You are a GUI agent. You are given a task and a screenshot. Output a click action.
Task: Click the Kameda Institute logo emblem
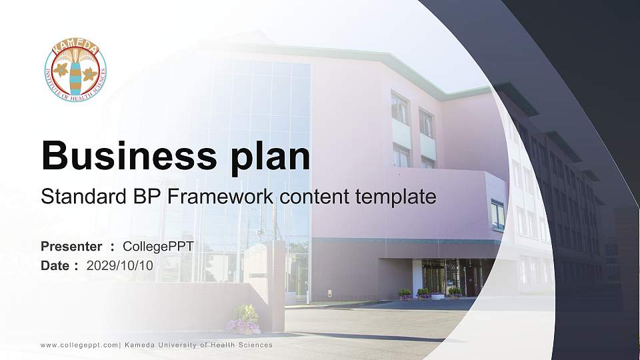[75, 71]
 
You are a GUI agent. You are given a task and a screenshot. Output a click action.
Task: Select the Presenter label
[71, 247]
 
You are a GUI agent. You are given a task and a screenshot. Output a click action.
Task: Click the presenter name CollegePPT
[158, 247]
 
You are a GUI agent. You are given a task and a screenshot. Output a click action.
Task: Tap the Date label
[55, 265]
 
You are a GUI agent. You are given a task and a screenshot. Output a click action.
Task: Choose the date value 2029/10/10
[120, 265]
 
